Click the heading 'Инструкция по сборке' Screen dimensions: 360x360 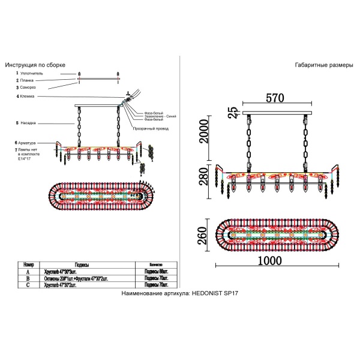[x=35, y=64]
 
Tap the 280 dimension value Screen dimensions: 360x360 [x=204, y=178]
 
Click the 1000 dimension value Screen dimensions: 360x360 [x=274, y=262]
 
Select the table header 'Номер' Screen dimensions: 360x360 [x=29, y=264]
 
